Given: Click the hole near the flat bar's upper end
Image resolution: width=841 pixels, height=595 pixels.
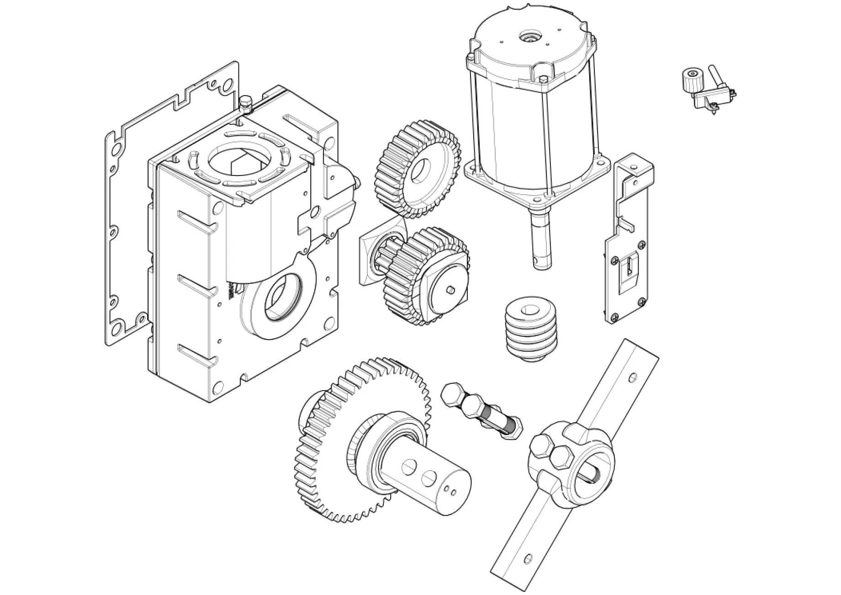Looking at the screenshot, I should click(x=632, y=378).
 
